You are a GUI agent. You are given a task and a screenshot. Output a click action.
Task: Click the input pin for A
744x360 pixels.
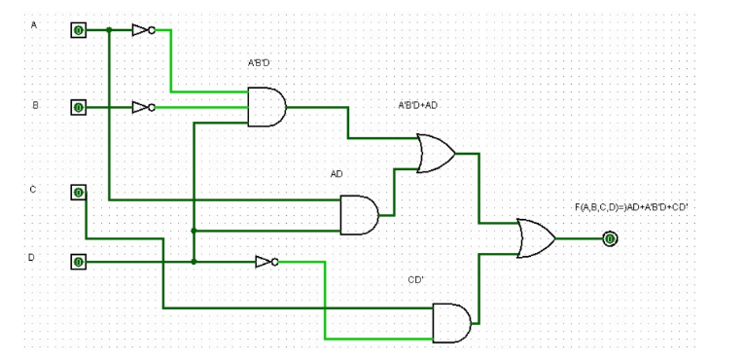(x=78, y=30)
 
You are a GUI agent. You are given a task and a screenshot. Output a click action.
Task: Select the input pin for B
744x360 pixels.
(x=78, y=107)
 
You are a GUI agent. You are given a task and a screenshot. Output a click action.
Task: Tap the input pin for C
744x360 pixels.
(x=78, y=192)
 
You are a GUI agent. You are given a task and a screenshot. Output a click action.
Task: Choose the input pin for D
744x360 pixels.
(x=78, y=262)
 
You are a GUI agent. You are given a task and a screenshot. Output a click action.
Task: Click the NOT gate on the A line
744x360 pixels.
(x=143, y=30)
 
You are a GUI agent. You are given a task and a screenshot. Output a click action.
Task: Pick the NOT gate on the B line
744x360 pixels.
(x=143, y=107)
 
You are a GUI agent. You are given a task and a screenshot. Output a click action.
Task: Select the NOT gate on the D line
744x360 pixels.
(x=266, y=262)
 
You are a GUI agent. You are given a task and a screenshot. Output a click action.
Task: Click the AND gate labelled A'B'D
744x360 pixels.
(x=266, y=107)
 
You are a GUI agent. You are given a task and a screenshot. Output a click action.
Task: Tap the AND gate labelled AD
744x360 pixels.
(x=359, y=215)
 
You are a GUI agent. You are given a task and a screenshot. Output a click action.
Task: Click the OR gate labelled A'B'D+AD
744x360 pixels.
(x=436, y=154)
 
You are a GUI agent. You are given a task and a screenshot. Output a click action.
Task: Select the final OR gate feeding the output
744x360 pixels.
(x=535, y=238)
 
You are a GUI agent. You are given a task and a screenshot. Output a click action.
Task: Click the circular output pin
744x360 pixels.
(x=610, y=238)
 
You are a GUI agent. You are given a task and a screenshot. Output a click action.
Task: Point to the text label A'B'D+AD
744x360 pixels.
(x=424, y=104)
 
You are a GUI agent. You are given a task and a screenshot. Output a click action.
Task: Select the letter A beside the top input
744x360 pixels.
(x=34, y=24)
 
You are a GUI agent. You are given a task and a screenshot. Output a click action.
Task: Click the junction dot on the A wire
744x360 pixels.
(x=109, y=30)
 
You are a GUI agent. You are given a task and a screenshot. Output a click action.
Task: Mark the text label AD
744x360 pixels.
(x=337, y=174)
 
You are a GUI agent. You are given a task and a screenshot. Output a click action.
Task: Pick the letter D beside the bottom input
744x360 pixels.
(x=32, y=258)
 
